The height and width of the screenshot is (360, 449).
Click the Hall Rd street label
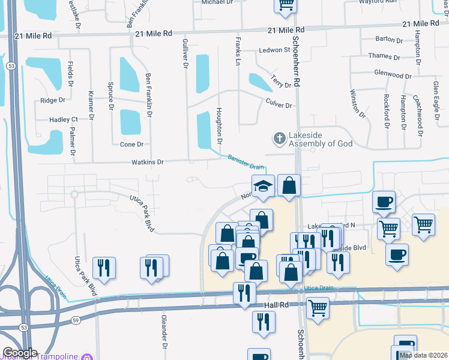tap(276, 305)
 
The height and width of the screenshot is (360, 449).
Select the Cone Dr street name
tap(131, 145)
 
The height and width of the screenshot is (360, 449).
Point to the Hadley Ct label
tap(64, 120)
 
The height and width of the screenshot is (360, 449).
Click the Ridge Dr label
tap(52, 101)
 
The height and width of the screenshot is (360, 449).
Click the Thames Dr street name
tap(384, 57)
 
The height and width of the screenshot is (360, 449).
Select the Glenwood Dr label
tap(393, 76)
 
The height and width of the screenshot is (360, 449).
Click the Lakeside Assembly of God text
tap(320, 139)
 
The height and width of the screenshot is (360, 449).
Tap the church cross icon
tap(279, 139)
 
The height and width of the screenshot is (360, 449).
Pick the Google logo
tap(20, 353)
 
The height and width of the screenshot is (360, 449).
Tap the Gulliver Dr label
tap(185, 55)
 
